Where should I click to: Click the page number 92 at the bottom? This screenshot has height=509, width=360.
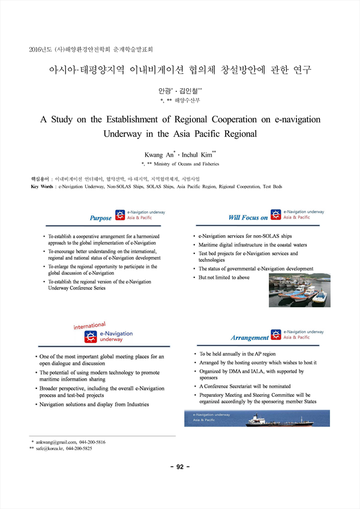pyautogui.click(x=180, y=467)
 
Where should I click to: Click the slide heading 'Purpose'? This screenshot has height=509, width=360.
pyautogui.click(x=101, y=218)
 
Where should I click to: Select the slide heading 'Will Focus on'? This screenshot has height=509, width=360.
pyautogui.click(x=248, y=217)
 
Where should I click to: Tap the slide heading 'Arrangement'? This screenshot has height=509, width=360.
pyautogui.click(x=250, y=338)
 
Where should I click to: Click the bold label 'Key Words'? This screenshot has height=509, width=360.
pyautogui.click(x=41, y=187)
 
